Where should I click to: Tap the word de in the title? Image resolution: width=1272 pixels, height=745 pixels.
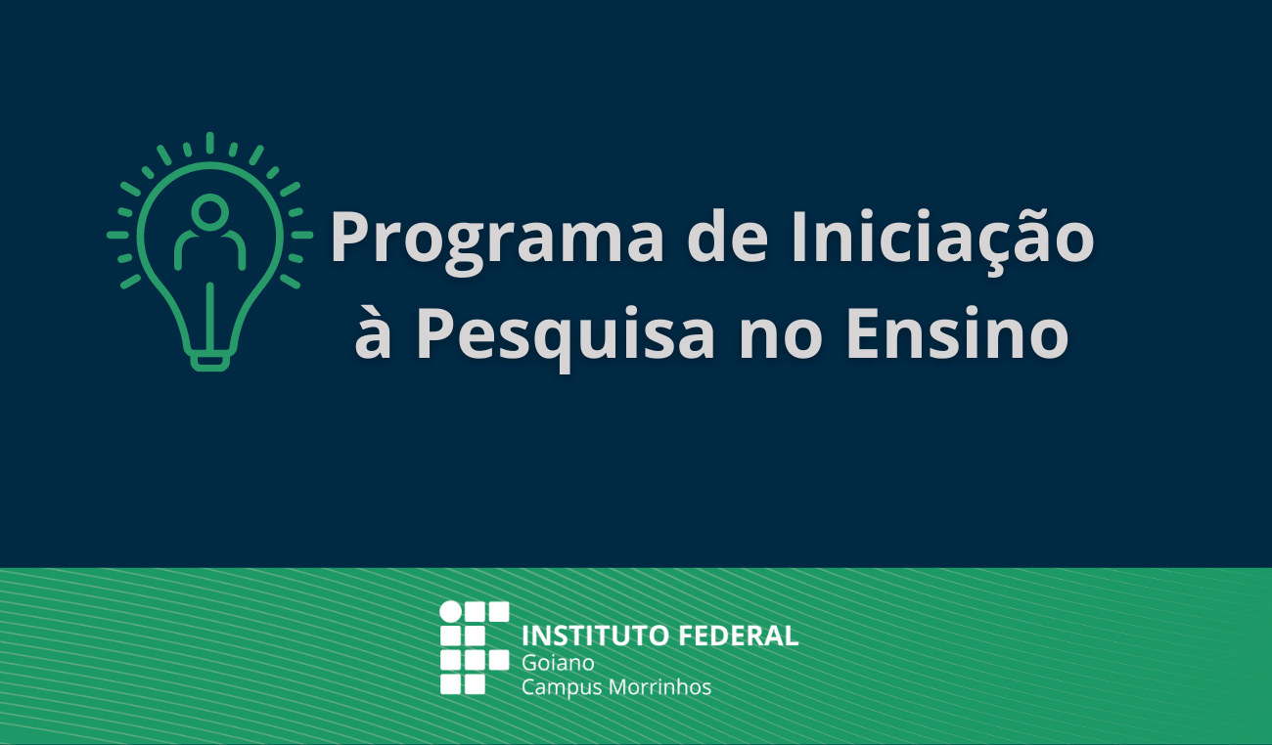(728, 236)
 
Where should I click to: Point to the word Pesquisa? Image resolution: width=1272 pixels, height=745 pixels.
(566, 337)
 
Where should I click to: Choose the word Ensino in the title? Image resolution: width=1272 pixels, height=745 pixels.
(958, 332)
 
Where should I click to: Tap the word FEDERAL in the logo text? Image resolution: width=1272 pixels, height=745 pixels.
(739, 636)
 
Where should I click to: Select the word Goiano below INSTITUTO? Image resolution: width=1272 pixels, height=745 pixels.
(558, 663)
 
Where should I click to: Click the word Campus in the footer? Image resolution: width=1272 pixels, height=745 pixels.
(562, 687)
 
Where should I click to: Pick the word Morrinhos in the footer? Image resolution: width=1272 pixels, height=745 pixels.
(659, 686)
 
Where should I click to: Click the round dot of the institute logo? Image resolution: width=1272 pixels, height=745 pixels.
(451, 612)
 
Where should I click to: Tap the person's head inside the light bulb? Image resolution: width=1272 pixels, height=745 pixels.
(210, 212)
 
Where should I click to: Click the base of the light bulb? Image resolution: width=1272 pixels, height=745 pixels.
(210, 362)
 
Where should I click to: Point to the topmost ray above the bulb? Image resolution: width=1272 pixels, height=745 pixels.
(210, 143)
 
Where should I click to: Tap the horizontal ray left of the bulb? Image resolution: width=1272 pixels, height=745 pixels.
(118, 235)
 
